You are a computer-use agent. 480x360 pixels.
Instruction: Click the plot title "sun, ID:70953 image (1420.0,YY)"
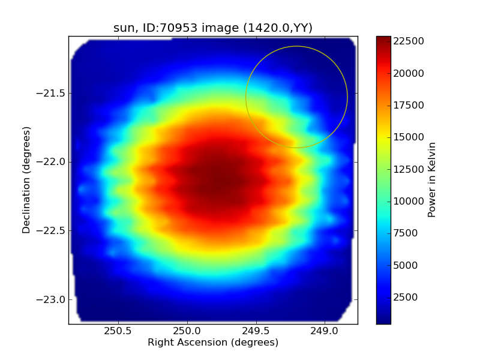point(213,28)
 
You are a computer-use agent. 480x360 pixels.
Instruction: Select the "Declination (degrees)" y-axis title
point(26,180)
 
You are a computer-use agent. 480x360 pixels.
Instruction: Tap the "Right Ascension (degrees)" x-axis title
point(213,343)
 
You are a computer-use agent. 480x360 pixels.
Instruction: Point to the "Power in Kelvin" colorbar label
point(432,180)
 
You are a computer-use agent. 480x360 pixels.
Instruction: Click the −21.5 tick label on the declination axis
point(50,94)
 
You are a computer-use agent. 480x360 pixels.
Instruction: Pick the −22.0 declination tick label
point(50,162)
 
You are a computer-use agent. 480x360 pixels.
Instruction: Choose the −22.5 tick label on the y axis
point(50,231)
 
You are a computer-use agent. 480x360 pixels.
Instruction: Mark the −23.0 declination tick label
point(50,299)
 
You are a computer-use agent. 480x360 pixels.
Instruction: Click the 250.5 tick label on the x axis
point(118,331)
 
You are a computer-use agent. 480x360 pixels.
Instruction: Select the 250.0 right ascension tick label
point(187,331)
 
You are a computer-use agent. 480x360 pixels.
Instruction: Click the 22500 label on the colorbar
point(409,41)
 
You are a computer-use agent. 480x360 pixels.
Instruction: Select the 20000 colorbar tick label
point(409,73)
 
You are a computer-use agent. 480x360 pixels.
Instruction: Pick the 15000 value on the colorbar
point(409,137)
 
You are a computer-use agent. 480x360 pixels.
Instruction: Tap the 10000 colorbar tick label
point(409,201)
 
